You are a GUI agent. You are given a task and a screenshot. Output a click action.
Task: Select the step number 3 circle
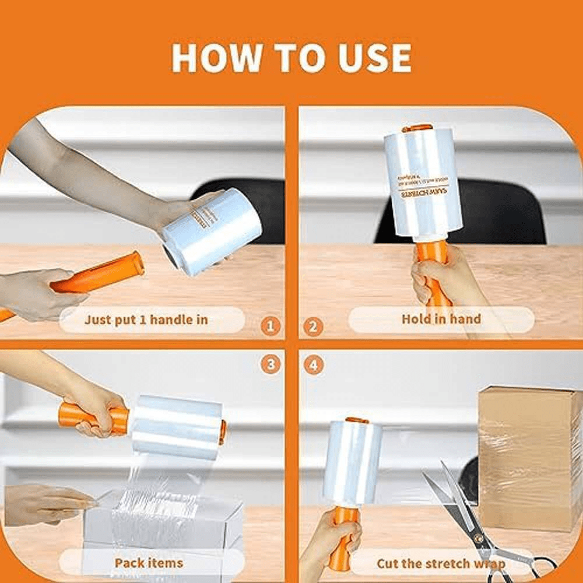269,366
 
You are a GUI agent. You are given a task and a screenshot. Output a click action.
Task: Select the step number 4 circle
313,366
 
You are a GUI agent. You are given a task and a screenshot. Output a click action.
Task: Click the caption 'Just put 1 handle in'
146,319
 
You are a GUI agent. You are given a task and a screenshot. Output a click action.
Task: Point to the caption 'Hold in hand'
441,319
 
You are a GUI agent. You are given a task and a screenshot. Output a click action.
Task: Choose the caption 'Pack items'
149,563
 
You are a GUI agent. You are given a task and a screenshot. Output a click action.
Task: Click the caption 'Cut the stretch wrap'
441,564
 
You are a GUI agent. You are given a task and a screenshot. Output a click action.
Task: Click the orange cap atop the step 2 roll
417,128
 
